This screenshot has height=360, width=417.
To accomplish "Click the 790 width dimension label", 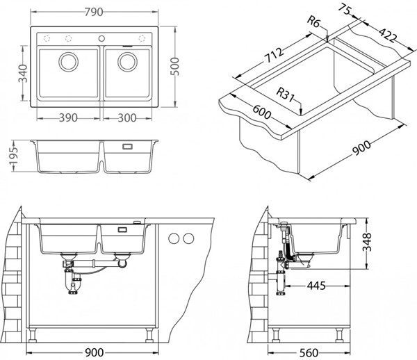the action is coord(94,12).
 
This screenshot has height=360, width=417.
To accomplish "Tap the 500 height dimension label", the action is coord(175,67).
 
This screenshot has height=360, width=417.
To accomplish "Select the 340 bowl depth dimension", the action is coord(23,74).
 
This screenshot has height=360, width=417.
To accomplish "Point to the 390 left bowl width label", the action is coord(68,117).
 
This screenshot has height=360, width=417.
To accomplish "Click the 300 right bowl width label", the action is coord(127,117).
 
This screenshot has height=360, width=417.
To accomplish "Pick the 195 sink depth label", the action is coord(14,156).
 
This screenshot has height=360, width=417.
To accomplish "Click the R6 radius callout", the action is coord(313,22).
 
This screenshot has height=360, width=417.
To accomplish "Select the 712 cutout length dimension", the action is coord(274,56).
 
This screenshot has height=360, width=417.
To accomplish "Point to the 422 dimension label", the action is coord(388,35).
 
